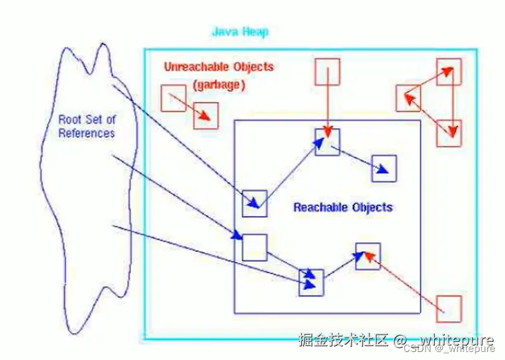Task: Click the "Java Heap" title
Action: pyautogui.click(x=240, y=32)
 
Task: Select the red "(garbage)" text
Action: pyautogui.click(x=218, y=85)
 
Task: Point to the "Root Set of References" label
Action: pyautogui.click(x=87, y=126)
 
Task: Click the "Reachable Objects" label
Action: pyautogui.click(x=343, y=207)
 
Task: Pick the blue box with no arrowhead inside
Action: pyautogui.click(x=255, y=247)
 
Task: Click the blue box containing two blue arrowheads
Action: pyautogui.click(x=311, y=282)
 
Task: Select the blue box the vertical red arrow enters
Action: pyautogui.click(x=327, y=142)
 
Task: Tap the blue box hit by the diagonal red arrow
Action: pyautogui.click(x=367, y=256)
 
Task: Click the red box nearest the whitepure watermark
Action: pyautogui.click(x=449, y=309)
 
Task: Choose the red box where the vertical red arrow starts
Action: pyautogui.click(x=327, y=71)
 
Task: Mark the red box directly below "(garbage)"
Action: pyautogui.click(x=206, y=116)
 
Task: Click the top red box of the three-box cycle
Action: pyautogui.click(x=449, y=71)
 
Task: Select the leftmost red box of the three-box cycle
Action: pyautogui.click(x=407, y=98)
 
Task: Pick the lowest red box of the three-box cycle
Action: pyautogui.click(x=449, y=133)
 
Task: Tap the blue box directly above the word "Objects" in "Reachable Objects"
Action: pyautogui.click(x=384, y=168)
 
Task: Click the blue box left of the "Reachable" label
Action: pyautogui.click(x=255, y=203)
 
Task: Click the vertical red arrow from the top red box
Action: pyautogui.click(x=327, y=107)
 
